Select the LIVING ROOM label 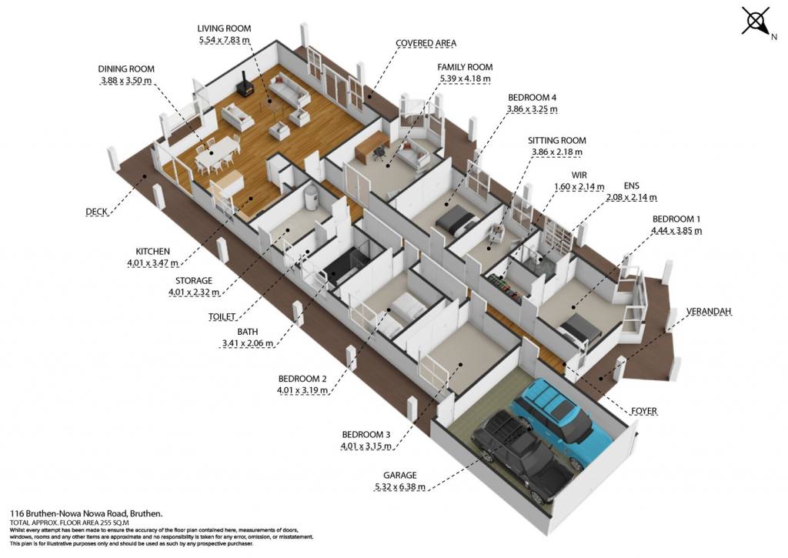(x=224, y=28)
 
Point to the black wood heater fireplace (x=246, y=85)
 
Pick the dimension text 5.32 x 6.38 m (x=400, y=486)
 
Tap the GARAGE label (x=400, y=475)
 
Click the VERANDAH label (x=709, y=312)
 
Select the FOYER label (x=644, y=411)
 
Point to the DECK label (x=96, y=212)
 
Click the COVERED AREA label (x=426, y=43)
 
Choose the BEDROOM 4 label (x=533, y=98)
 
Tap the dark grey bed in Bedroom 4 (x=456, y=222)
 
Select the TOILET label (x=222, y=316)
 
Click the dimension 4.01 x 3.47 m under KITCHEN (x=153, y=263)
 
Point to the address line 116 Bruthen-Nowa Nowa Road (x=86, y=514)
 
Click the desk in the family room (x=372, y=145)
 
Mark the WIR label (x=579, y=175)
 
